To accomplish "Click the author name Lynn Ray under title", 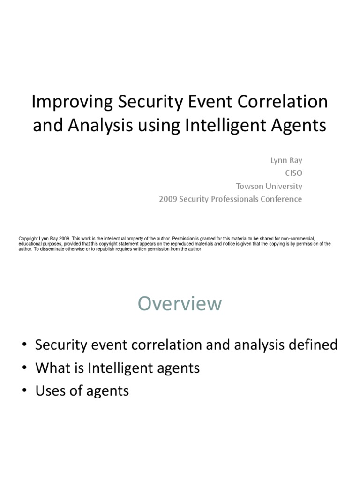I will [286, 160].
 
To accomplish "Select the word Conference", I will [283, 199].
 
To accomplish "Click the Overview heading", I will [180, 304].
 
